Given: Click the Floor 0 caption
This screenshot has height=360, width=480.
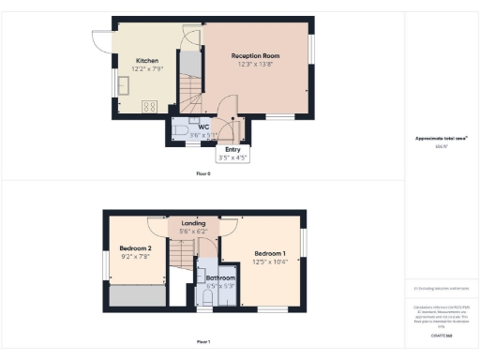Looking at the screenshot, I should pos(202,174).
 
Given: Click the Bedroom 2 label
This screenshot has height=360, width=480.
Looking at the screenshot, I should pos(136,247).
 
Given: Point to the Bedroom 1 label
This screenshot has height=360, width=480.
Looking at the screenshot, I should pos(268,252).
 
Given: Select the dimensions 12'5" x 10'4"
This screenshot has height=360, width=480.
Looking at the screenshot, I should pos(268,261).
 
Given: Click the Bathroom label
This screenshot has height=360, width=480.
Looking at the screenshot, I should pos(221,277).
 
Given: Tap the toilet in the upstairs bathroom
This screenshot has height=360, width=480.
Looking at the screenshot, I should pos(207,296).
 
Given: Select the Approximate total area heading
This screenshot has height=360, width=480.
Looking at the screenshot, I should pos(441,139).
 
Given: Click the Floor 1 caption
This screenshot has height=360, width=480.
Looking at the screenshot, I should pos(202,341).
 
